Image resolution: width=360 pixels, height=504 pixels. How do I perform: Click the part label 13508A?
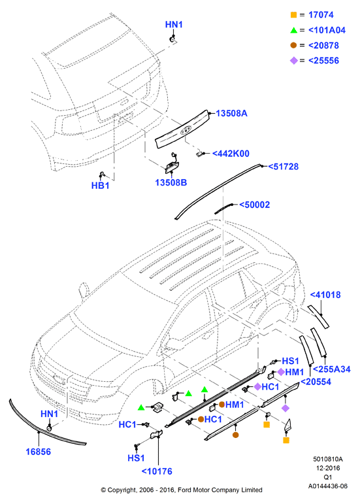(x=231, y=114)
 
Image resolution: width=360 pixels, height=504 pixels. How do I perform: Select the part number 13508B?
(x=171, y=182)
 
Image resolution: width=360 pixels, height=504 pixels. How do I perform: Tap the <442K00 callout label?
(x=231, y=154)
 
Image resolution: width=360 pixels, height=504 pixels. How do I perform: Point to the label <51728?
(x=284, y=167)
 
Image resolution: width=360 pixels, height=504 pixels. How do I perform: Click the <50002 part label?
(x=255, y=205)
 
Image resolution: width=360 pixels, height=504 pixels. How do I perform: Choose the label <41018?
(x=325, y=295)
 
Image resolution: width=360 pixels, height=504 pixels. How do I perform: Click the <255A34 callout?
(x=332, y=369)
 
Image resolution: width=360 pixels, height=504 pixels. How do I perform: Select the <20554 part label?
(x=316, y=382)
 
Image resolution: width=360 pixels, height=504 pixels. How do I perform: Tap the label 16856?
(x=38, y=452)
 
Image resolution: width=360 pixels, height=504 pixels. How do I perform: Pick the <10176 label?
(x=157, y=471)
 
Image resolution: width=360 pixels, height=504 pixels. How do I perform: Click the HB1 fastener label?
(x=100, y=186)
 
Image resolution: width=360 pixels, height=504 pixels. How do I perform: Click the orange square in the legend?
(x=293, y=15)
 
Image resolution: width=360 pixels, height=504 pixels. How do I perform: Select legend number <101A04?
(x=327, y=30)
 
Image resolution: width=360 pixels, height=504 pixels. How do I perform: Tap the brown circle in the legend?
(x=293, y=45)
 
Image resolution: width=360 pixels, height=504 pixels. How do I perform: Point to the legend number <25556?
(x=323, y=61)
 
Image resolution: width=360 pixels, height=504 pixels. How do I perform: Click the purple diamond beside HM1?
(x=281, y=372)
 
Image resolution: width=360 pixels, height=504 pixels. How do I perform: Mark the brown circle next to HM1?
(x=221, y=405)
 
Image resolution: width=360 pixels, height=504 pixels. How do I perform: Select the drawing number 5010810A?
(x=328, y=460)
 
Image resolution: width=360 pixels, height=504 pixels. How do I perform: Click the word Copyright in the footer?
(x=122, y=490)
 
